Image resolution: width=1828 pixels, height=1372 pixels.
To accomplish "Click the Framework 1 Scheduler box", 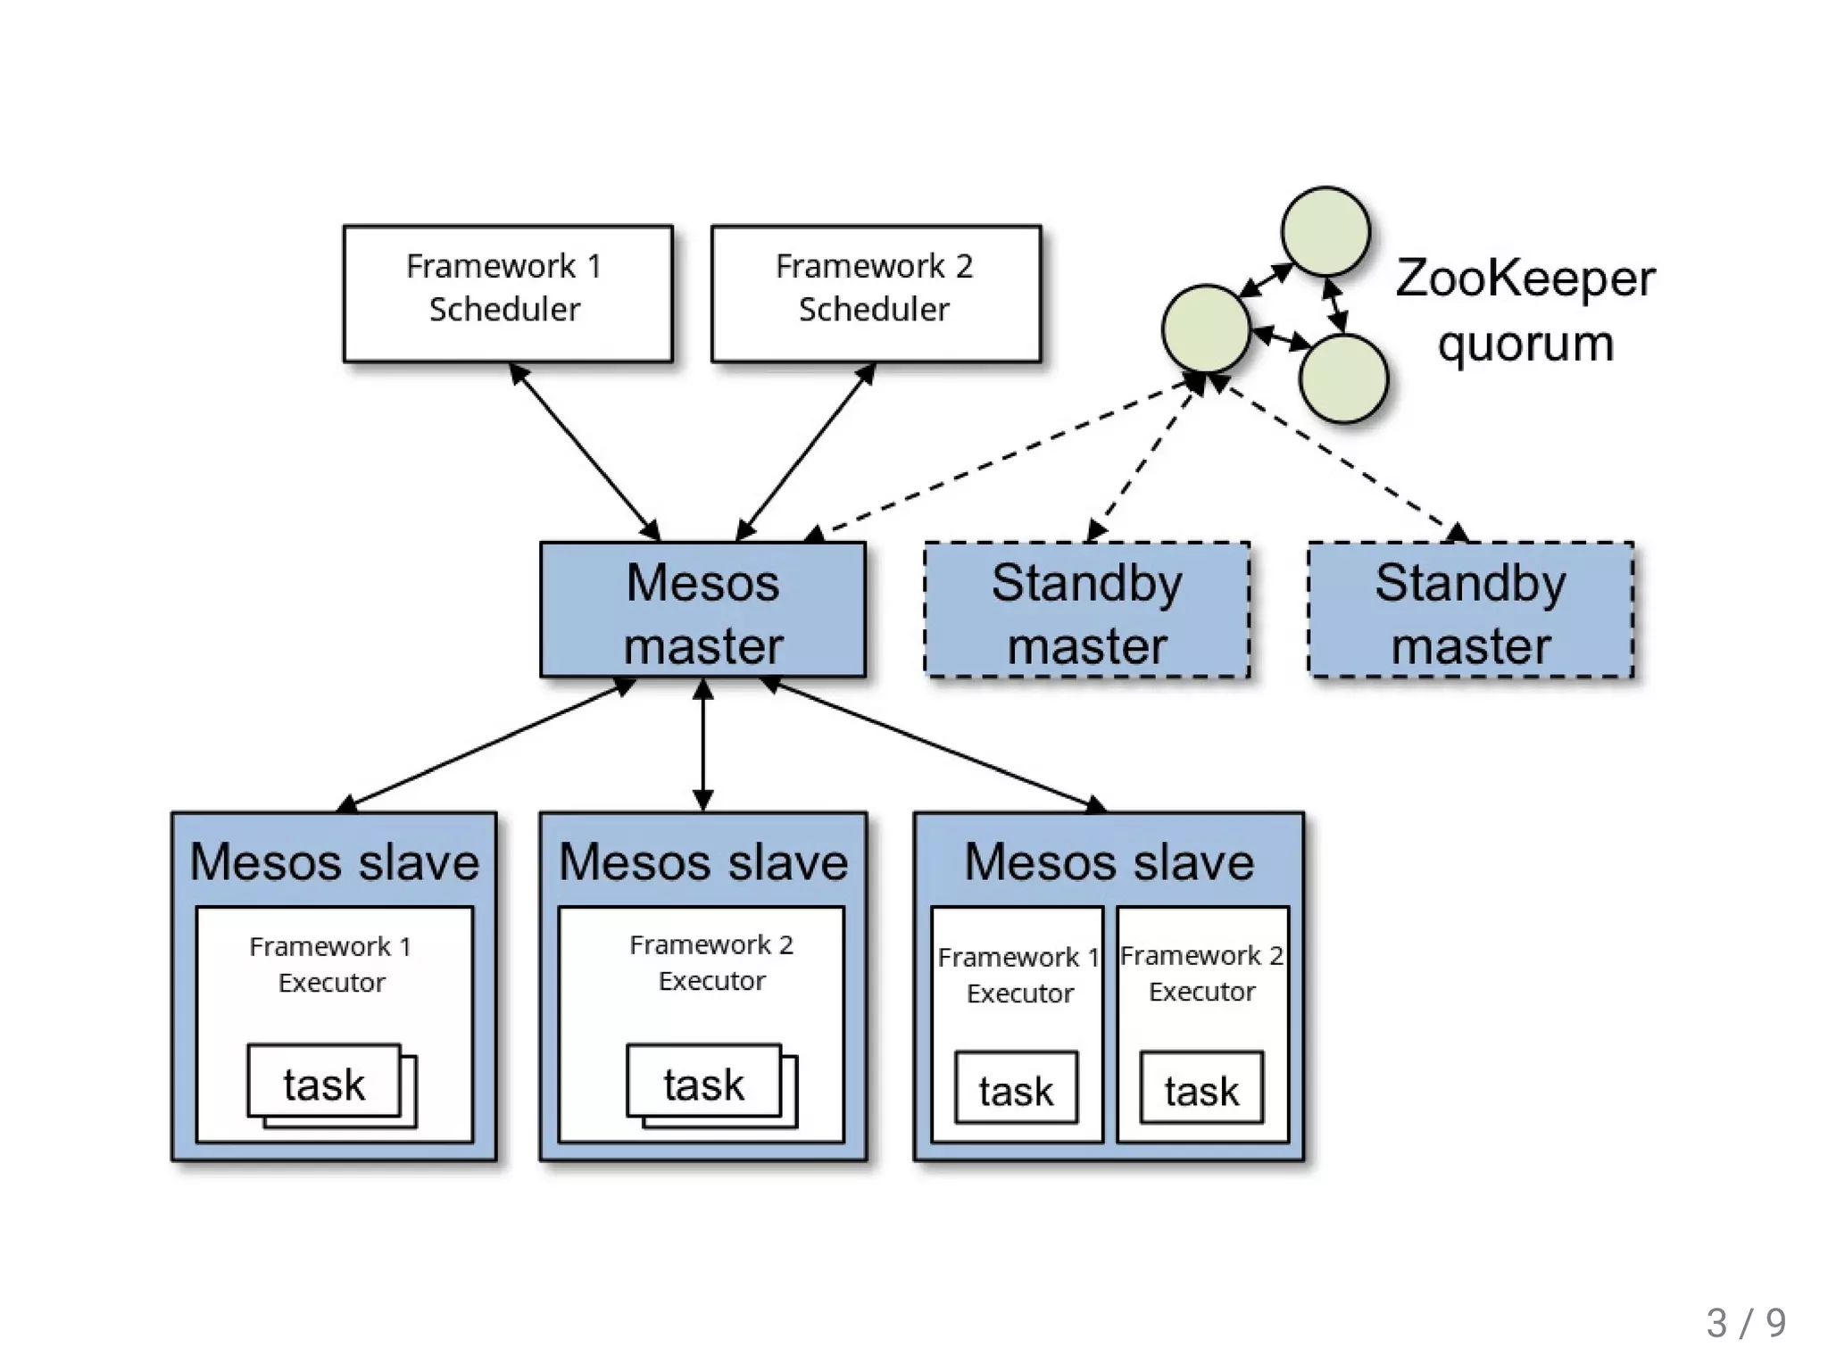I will (508, 294).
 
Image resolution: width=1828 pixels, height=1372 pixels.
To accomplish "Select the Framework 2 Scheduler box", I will (876, 294).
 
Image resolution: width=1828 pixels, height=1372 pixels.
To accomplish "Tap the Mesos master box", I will (702, 611).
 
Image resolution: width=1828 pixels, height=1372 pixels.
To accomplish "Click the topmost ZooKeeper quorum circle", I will (1325, 231).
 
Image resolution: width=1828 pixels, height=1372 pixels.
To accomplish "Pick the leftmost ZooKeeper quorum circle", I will (1206, 328).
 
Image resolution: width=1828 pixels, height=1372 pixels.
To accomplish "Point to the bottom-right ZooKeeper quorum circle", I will (1343, 378).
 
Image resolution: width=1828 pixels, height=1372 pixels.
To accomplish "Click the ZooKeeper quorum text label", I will (1525, 311).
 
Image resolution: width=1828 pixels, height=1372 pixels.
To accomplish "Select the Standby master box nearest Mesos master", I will (1086, 611).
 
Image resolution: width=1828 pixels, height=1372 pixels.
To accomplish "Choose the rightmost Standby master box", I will (1470, 611).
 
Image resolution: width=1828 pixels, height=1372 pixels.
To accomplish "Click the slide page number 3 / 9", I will (1746, 1322).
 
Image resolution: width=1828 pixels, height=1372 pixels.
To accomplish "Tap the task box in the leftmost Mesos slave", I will (324, 1082).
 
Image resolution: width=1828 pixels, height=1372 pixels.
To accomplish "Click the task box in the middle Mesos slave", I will (703, 1082).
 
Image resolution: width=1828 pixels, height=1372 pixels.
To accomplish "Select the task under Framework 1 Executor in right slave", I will (1016, 1088).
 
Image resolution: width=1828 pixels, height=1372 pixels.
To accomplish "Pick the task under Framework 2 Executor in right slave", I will (1201, 1088).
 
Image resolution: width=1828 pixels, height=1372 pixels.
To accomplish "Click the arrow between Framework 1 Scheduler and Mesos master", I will (585, 452).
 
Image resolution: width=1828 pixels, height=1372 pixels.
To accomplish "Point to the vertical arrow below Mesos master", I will (703, 745).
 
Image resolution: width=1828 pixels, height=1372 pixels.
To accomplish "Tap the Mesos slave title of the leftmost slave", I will (335, 861).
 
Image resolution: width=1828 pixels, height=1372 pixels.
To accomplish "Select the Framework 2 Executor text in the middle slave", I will (711, 962).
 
